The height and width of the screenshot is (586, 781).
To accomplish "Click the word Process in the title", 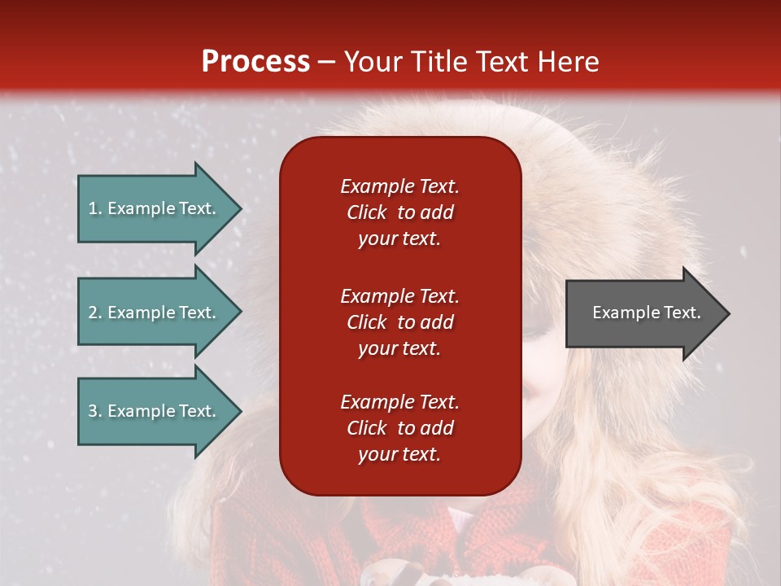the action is coord(255,61).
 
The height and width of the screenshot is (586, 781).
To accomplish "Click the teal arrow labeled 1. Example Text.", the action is coord(159,208).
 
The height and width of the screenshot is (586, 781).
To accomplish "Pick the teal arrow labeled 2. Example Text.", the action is coord(159,312).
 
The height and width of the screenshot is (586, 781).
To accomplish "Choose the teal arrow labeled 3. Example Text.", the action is coord(159,410).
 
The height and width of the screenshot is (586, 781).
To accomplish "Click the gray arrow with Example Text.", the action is coord(648,313).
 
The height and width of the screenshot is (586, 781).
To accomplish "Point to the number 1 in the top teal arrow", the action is coord(93,208).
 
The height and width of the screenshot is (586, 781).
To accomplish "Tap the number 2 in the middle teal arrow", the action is coord(94,313).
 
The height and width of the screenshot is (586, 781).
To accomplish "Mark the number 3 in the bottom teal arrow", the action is coord(94,410).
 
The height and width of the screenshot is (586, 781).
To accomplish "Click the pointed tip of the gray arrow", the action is coord(730,313).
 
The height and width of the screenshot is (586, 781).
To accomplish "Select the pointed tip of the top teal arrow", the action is coord(242,208).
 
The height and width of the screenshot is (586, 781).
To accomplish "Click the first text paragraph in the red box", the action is coord(400,212).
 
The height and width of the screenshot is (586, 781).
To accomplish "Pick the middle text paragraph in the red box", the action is coord(400,322).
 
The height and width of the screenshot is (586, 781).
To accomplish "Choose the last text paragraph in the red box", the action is coord(400,427).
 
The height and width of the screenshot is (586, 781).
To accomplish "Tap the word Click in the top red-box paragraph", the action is coord(367,212).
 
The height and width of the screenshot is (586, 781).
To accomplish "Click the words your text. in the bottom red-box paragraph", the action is coord(399,454).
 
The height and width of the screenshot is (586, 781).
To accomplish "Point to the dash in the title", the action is coord(326,63).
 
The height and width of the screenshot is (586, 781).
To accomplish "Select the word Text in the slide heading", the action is coord(500,61).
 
